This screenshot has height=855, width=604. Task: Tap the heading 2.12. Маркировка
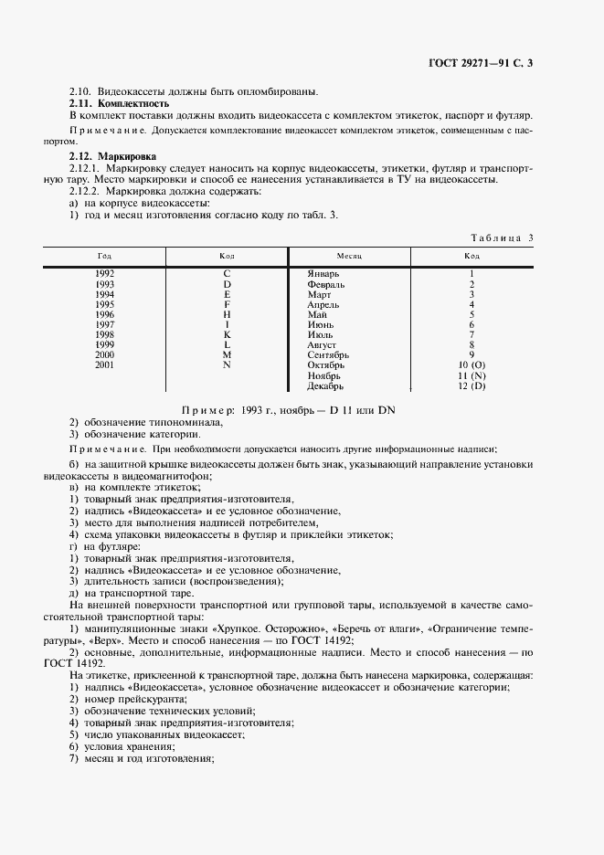pos(105,157)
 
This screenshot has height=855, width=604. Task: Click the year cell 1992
pos(104,273)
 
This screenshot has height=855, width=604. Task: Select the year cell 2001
pos(104,365)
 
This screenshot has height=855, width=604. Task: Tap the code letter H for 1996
pos(227,314)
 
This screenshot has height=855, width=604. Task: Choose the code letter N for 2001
pos(227,365)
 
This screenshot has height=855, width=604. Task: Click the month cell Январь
pos(324,273)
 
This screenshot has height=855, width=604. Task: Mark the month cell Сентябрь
pos(329,355)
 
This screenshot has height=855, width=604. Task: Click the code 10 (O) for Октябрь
pos(471,365)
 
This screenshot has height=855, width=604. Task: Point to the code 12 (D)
pos(471,386)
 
